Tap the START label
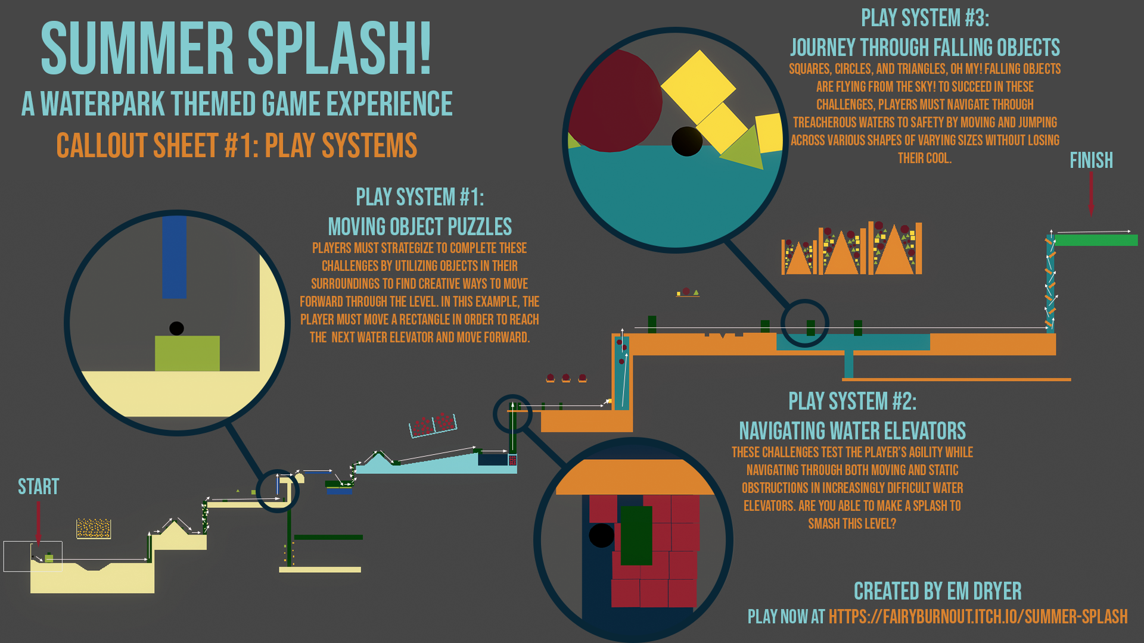[38, 486]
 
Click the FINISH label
[1091, 160]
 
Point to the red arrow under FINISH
[1091, 193]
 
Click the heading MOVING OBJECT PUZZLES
[419, 227]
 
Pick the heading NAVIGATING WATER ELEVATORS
[852, 430]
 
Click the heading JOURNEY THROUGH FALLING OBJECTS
[925, 48]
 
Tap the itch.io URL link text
[978, 617]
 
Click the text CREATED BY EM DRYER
[937, 591]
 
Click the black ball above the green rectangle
[176, 328]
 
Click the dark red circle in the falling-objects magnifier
[617, 101]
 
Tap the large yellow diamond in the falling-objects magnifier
[698, 86]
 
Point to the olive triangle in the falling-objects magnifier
[745, 149]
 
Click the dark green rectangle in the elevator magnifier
[636, 535]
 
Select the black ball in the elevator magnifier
[601, 535]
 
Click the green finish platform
[1096, 240]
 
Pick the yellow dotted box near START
[94, 528]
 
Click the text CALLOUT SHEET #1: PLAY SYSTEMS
[237, 146]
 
